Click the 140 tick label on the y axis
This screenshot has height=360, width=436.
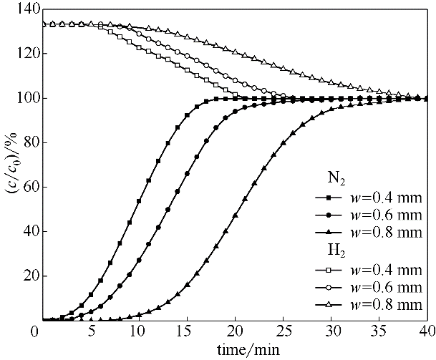tap(19, 9)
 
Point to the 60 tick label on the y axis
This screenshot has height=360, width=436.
tap(22, 187)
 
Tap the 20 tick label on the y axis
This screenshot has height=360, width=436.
tap(22, 276)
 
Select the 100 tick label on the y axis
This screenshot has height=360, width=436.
tap(19, 98)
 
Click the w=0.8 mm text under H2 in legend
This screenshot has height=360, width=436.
tap(389, 306)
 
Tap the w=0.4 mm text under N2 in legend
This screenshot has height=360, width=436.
tap(389, 198)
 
